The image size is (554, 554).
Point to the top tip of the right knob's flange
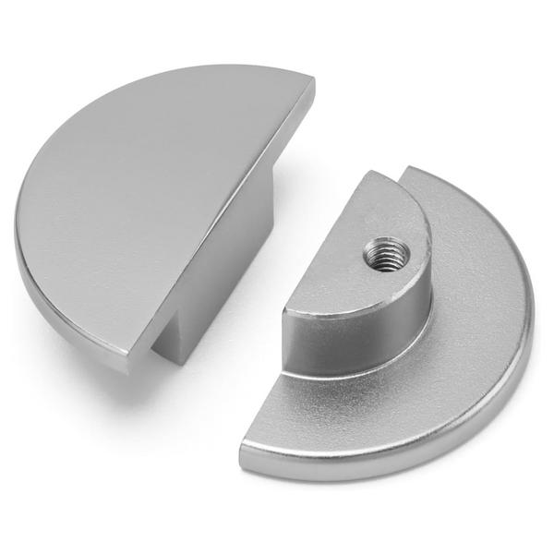411,171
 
